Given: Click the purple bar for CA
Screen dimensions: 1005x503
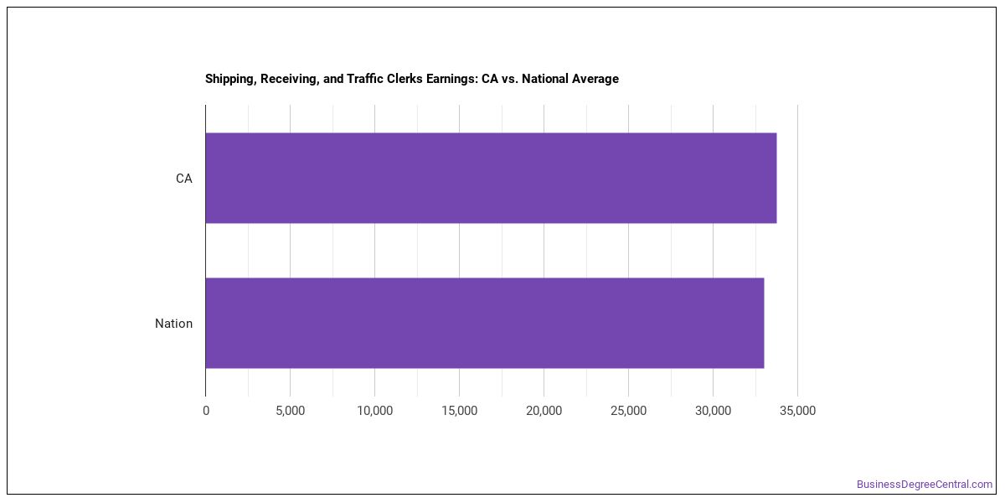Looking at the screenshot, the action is tap(491, 178).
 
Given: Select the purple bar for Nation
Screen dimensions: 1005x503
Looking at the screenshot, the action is tap(485, 324).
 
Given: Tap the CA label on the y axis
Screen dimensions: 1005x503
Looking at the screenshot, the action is tap(184, 179).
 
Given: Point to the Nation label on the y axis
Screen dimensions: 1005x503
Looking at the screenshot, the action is tap(173, 324).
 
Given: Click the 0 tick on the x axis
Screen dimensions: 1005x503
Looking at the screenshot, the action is tap(206, 411).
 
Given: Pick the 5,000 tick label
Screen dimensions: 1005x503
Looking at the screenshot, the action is tap(291, 411).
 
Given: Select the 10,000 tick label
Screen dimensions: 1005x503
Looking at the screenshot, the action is tap(374, 411).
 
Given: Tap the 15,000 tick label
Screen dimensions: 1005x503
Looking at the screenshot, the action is tap(460, 411).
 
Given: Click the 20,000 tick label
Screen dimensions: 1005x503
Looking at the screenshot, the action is tap(544, 411).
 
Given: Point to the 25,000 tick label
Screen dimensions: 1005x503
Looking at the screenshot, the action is tap(629, 411).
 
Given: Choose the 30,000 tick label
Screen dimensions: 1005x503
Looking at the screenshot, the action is tap(713, 411).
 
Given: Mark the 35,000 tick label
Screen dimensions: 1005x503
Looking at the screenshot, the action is tap(797, 411).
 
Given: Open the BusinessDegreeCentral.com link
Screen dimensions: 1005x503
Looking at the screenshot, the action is tap(925, 485).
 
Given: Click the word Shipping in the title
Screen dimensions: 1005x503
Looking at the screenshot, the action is tap(230, 80).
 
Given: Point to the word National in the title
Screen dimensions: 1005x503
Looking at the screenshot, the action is tap(544, 79).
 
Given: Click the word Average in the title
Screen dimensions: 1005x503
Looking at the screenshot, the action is tap(595, 80).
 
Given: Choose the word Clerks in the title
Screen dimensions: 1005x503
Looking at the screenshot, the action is tap(405, 79).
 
